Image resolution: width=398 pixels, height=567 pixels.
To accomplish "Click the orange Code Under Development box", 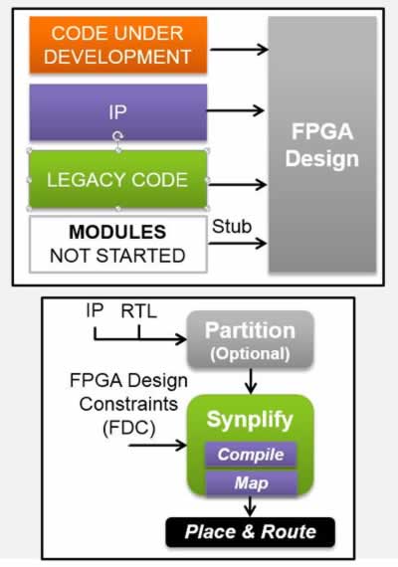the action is (x=118, y=45).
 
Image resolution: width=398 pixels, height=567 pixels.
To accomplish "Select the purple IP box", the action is (x=118, y=112).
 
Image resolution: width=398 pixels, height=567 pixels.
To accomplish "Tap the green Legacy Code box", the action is (x=118, y=179).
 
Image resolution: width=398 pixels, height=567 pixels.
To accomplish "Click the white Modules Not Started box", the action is (x=118, y=244).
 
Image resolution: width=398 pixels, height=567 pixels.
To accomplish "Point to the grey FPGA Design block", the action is (x=322, y=144).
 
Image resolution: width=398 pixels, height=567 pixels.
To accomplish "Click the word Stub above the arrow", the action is (x=232, y=227).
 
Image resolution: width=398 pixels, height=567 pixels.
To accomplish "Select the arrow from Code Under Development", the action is (x=239, y=49).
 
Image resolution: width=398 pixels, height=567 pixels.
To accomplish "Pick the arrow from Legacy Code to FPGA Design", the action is (x=238, y=185).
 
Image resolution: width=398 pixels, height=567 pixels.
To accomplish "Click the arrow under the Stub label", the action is (x=238, y=243).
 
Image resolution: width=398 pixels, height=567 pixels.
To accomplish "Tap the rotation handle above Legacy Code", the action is (x=117, y=136).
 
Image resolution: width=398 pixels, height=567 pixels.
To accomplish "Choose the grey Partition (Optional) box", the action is (x=250, y=340).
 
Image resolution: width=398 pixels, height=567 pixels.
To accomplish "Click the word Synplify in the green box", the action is (x=250, y=420).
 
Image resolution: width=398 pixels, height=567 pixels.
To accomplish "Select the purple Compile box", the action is (x=251, y=455).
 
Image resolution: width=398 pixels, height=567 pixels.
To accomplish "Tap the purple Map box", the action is (x=252, y=482).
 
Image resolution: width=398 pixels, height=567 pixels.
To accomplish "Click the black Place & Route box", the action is (x=251, y=532).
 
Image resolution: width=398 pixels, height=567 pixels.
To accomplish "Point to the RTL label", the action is (x=139, y=311).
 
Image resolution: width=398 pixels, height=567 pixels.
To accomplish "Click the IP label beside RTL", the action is (x=95, y=311).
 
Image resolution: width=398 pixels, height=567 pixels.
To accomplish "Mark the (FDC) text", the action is (x=129, y=429).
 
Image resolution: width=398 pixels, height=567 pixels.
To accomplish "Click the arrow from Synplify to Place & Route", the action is (x=250, y=506).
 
